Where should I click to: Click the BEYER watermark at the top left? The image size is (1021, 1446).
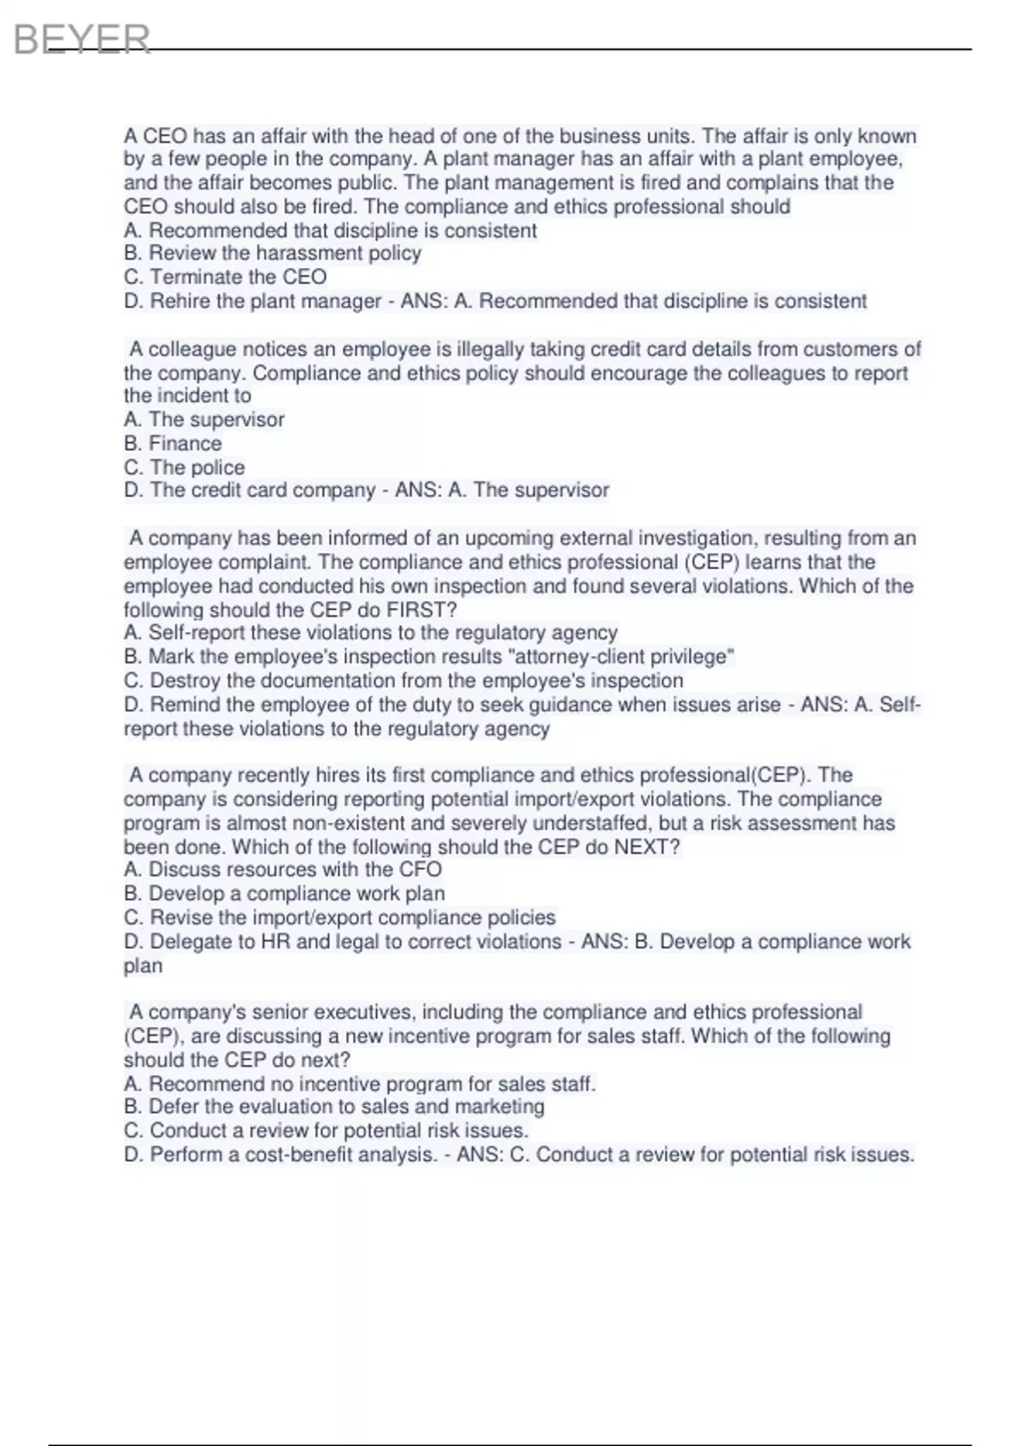click(x=82, y=39)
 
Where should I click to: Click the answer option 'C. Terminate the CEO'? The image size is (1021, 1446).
click(x=225, y=277)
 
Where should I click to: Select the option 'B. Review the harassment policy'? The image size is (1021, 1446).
click(x=272, y=253)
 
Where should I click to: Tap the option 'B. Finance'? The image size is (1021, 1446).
click(x=173, y=443)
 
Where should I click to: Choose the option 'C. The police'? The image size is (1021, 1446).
click(x=185, y=467)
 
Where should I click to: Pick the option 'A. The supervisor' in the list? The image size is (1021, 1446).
click(x=204, y=419)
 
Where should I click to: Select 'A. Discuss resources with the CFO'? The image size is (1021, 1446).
click(x=282, y=869)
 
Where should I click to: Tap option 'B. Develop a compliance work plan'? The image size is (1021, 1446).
click(x=284, y=893)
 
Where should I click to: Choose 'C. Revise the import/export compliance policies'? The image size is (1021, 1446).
click(x=339, y=918)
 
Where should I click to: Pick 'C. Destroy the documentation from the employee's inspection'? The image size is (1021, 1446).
click(x=403, y=680)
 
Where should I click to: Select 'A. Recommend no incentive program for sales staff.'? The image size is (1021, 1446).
click(x=359, y=1084)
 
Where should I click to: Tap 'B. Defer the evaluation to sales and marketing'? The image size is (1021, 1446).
click(x=334, y=1107)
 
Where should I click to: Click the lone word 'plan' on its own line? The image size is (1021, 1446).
click(x=143, y=966)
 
